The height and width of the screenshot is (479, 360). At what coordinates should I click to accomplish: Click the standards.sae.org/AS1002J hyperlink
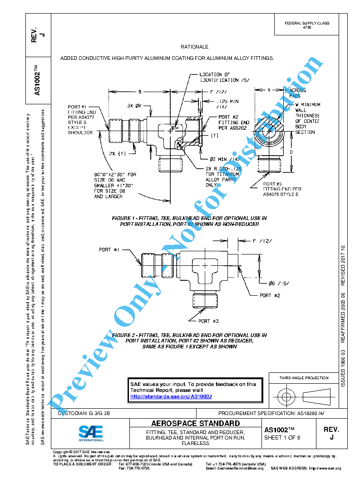(x=171, y=396)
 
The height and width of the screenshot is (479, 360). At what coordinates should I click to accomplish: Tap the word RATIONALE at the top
(x=194, y=47)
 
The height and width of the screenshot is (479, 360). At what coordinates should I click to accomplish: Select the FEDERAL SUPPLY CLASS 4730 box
(x=307, y=25)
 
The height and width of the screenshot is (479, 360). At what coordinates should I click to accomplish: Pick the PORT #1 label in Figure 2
(x=111, y=250)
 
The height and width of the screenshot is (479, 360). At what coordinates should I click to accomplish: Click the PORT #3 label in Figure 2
(x=208, y=321)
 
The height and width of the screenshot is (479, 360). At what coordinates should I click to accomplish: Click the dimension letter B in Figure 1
(x=140, y=92)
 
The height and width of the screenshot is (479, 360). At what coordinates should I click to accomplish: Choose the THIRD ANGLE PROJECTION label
(x=304, y=378)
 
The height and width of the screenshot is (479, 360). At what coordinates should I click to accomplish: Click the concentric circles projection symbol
(x=286, y=397)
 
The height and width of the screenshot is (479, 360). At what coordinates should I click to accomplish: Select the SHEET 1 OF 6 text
(x=282, y=438)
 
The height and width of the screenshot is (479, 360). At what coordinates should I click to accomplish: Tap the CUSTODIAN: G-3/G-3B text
(x=84, y=414)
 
